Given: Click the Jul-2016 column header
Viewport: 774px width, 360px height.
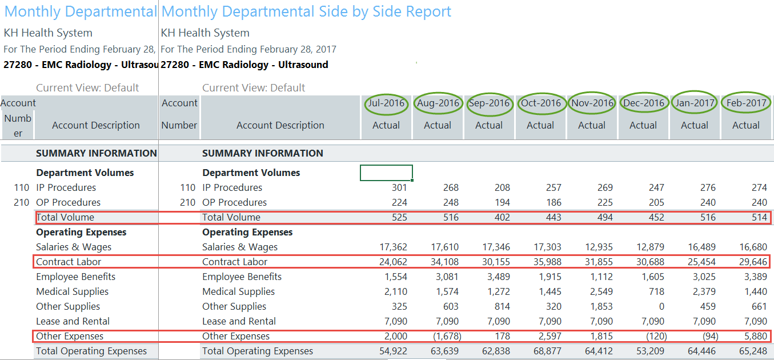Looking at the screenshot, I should tap(386, 103).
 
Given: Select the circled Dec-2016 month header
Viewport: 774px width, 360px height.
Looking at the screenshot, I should tap(643, 103).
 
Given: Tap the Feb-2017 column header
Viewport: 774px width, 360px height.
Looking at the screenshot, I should tap(746, 103).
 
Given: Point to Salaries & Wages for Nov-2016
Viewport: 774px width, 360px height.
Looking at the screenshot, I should tap(599, 247).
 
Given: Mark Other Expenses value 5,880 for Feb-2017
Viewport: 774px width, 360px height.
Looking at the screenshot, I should tap(755, 336).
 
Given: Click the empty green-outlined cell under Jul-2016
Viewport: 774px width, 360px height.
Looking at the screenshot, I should tap(386, 173).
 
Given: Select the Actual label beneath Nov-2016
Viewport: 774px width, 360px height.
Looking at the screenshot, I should tap(592, 125).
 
